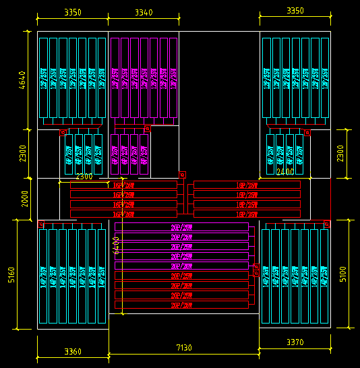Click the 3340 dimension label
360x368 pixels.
click(x=143, y=12)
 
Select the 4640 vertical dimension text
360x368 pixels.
click(x=22, y=81)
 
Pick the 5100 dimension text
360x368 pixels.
click(x=342, y=274)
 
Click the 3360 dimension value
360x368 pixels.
click(x=73, y=352)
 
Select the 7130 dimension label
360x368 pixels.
click(x=183, y=348)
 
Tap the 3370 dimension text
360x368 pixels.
click(x=295, y=342)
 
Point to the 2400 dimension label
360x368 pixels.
click(x=285, y=172)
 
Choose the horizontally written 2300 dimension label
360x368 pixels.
click(x=84, y=177)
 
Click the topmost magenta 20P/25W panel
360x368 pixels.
click(x=181, y=227)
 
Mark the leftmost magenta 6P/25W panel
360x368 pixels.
click(x=115, y=155)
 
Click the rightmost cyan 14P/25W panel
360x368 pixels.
click(x=324, y=276)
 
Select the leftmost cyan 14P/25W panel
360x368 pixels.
click(x=43, y=276)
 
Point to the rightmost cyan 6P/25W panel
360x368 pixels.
click(x=299, y=155)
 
